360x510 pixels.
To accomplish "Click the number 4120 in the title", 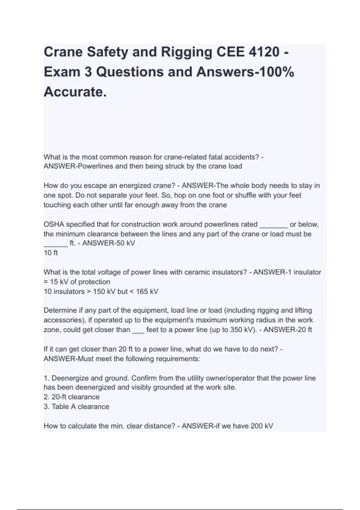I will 264,52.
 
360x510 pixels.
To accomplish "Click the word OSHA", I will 54,224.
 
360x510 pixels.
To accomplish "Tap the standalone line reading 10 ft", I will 51,253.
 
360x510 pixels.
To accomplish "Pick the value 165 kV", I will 147,292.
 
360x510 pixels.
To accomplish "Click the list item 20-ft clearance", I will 75,397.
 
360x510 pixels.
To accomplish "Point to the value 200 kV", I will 262,426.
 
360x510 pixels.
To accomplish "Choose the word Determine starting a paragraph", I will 59,310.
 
